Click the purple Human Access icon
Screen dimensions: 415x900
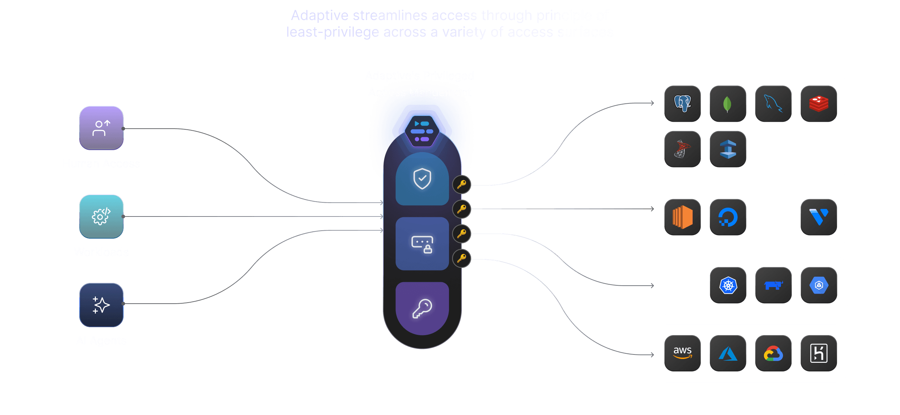click(x=101, y=128)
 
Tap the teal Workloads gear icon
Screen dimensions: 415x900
click(x=101, y=216)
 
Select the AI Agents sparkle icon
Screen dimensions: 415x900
click(x=101, y=305)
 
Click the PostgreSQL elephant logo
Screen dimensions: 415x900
click(x=682, y=104)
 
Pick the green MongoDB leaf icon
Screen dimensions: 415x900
click(x=728, y=104)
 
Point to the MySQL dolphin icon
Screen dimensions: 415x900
click(x=773, y=104)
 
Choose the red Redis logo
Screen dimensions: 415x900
click(x=819, y=104)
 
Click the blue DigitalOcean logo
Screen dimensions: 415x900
click(x=728, y=217)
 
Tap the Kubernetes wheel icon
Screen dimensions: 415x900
click(x=728, y=285)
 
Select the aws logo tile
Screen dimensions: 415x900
click(x=682, y=353)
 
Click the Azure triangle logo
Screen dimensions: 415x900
click(x=728, y=353)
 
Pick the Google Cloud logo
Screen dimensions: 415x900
click(x=773, y=353)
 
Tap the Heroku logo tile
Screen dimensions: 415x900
click(x=819, y=353)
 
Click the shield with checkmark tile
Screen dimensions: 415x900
click(x=422, y=179)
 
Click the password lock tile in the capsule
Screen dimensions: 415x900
click(x=422, y=243)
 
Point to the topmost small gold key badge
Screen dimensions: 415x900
click(x=461, y=184)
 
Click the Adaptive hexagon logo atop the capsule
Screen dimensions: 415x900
click(x=422, y=131)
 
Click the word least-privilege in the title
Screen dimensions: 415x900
click(x=332, y=32)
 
